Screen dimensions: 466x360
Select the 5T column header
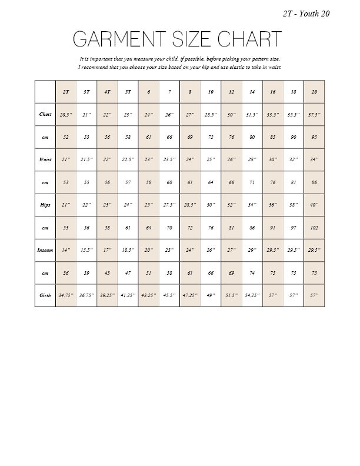tap(128, 92)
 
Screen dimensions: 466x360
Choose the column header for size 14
tap(252, 92)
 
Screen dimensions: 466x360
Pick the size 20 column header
tap(314, 92)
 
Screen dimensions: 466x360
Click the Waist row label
tap(45, 159)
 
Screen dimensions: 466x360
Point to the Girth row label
tap(45, 295)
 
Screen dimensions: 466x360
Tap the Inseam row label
tap(45, 250)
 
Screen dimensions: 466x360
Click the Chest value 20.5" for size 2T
tap(66, 115)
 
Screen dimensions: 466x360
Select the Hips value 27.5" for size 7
tap(169, 205)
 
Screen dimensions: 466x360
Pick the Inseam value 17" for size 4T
tap(107, 250)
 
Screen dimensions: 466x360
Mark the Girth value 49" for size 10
tap(211, 295)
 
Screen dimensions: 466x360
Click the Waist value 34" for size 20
tap(314, 159)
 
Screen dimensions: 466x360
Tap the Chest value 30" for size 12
tap(231, 115)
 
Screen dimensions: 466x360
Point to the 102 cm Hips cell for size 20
tap(314, 227)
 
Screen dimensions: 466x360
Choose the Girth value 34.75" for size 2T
tap(66, 295)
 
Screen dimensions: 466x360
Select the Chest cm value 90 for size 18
tap(294, 137)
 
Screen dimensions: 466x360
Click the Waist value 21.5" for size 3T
tap(86, 159)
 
